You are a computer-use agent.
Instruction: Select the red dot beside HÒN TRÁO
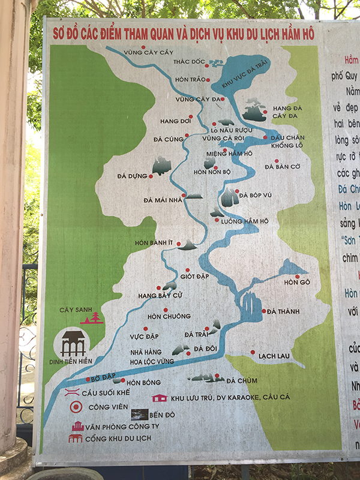(208, 79)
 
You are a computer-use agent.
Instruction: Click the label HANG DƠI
(173, 121)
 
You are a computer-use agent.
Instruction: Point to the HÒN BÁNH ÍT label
(154, 242)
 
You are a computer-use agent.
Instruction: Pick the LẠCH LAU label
(274, 356)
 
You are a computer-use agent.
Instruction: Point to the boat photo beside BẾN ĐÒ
(139, 415)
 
